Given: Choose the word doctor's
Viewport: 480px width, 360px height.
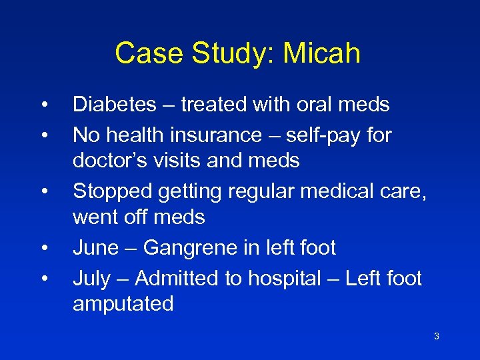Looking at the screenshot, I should (x=109, y=161).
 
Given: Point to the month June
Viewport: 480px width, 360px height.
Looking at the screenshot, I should (x=95, y=248).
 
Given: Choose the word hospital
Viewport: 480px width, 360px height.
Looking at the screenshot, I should (x=284, y=278).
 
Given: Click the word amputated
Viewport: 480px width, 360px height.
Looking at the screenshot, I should (x=123, y=304).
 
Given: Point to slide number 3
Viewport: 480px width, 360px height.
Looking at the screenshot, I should (x=436, y=336).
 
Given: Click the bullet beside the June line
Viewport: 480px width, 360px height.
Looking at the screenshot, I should (x=43, y=249).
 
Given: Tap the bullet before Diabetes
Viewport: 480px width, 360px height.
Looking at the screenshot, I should (x=43, y=105).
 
